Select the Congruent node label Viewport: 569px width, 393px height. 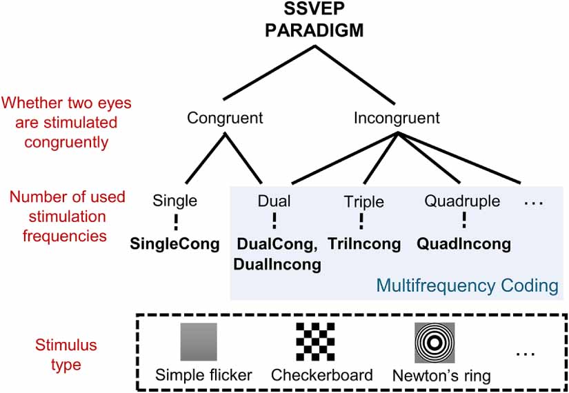(225, 118)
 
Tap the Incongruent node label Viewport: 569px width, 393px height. (397, 118)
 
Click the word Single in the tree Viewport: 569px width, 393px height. (176, 201)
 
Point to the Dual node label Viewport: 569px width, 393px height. (274, 201)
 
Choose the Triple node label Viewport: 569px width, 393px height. (363, 201)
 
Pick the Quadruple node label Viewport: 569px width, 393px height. (463, 201)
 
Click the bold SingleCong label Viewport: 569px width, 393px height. (175, 243)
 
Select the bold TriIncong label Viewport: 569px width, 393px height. (364, 243)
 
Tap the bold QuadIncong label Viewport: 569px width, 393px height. (463, 243)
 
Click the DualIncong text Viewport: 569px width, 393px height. (277, 263)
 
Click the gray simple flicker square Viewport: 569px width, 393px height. (199, 343)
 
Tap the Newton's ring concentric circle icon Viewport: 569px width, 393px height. (435, 343)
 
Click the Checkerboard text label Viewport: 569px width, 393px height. (321, 376)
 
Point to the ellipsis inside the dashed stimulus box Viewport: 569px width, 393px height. (526, 354)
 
